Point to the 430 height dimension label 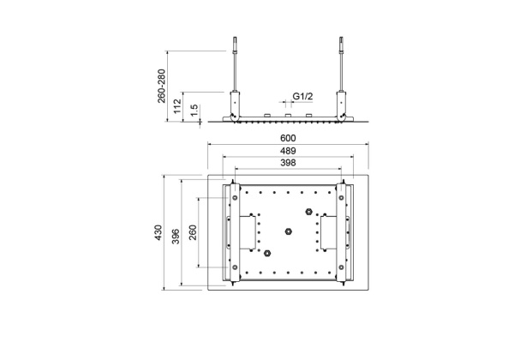point(158,232)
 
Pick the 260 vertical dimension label point(193,232)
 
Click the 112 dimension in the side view point(177,106)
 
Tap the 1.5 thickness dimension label point(194,110)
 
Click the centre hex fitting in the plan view point(288,231)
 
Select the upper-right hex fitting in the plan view point(308,211)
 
